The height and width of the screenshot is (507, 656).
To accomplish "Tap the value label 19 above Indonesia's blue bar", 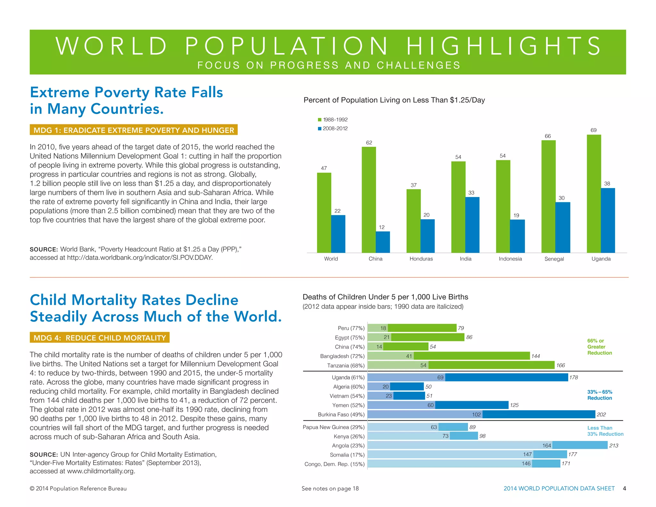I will tap(516, 215).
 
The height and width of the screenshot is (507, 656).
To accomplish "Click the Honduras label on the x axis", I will tap(421, 259).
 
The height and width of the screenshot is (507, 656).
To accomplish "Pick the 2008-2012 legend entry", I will tap(333, 128).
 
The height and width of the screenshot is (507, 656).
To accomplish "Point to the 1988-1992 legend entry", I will tap(333, 120).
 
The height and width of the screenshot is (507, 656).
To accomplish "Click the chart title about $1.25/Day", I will tap(394, 100).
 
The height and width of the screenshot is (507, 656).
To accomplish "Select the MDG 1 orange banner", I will tap(134, 130).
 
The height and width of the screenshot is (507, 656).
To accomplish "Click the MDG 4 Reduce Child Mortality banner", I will tap(100, 337).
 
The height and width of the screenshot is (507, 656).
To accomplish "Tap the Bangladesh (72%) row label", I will tap(342, 356).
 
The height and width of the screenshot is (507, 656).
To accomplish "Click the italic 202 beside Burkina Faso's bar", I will tap(601, 414).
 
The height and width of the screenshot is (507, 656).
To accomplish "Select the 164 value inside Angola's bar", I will tap(546, 445).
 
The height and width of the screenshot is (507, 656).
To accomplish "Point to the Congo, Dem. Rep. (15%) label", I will tap(334, 464).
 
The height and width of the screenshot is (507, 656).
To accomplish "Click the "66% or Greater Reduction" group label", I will tap(599, 347).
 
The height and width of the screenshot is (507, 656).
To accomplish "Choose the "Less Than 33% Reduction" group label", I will tap(605, 431).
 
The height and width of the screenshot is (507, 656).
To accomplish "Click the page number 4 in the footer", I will tap(624, 488).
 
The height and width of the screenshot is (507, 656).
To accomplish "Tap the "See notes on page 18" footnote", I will tap(330, 488).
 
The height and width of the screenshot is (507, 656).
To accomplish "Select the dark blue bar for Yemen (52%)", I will tap(471, 405).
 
